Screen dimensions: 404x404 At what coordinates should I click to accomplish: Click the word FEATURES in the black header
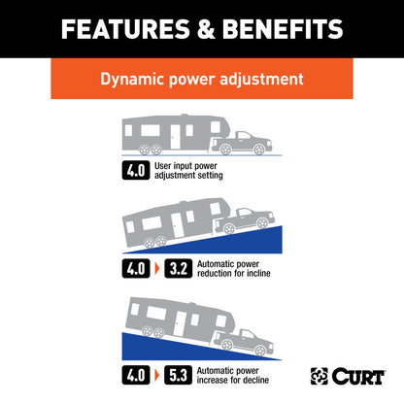(x=125, y=29)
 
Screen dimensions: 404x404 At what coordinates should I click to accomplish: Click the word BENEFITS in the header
(x=283, y=29)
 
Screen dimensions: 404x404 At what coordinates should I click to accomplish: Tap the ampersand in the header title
(x=206, y=29)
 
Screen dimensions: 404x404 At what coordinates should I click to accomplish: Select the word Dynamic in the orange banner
(x=133, y=80)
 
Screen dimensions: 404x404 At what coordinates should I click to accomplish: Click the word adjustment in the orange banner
(x=261, y=80)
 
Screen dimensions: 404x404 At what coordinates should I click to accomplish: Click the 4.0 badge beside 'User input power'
(x=136, y=170)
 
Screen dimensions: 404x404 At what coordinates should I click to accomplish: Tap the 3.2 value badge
(x=179, y=269)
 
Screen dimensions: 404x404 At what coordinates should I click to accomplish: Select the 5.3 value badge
(x=179, y=375)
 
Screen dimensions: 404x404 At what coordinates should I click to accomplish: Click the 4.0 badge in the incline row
(x=136, y=269)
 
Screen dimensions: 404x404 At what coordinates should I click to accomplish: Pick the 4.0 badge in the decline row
(x=136, y=375)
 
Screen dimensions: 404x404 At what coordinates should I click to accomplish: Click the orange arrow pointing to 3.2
(x=157, y=269)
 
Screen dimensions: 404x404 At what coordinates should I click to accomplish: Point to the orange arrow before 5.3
(x=157, y=375)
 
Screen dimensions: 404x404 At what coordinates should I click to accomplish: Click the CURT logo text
(x=358, y=377)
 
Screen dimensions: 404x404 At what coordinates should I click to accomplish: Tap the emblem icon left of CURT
(x=320, y=376)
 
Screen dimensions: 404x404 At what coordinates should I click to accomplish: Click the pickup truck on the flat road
(x=242, y=144)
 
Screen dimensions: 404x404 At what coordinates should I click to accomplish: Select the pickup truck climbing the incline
(x=245, y=221)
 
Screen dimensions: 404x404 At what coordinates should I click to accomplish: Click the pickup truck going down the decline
(x=244, y=343)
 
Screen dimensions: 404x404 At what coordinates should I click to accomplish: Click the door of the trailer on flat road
(x=175, y=137)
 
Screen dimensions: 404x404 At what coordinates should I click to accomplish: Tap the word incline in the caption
(x=258, y=274)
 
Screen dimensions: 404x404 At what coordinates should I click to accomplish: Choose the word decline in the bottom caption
(x=255, y=380)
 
